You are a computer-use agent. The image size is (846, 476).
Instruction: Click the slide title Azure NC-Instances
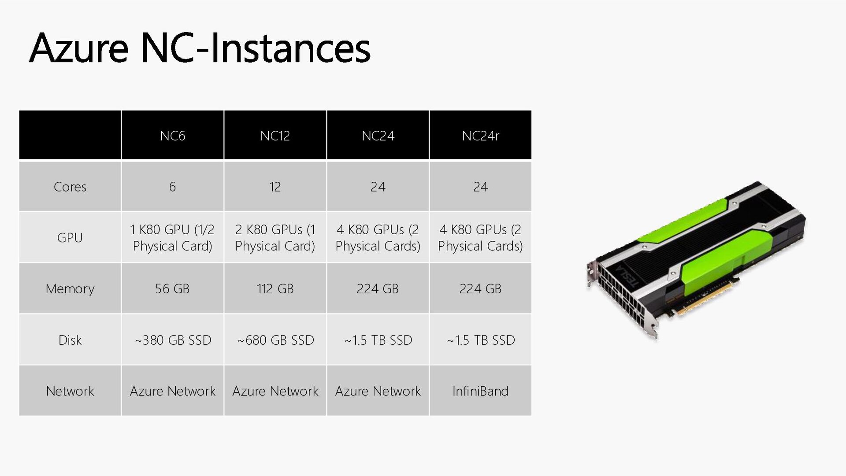[200, 48]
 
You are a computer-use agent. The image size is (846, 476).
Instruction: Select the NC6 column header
[172, 136]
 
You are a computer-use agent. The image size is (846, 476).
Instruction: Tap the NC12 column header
[275, 136]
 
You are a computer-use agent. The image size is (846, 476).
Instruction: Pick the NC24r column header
[480, 136]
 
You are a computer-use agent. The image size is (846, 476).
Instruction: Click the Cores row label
[70, 187]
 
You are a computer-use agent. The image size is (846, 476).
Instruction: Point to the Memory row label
[70, 289]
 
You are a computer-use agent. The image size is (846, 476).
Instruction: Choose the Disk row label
[70, 340]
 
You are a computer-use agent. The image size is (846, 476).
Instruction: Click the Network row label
[70, 391]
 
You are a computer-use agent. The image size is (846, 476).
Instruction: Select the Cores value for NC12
[275, 187]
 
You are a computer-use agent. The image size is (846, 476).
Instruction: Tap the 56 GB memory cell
[172, 289]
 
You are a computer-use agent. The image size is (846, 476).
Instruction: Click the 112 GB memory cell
[275, 289]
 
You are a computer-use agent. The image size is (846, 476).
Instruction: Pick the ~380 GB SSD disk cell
[173, 340]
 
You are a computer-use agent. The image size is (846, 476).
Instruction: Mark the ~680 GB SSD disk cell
[275, 340]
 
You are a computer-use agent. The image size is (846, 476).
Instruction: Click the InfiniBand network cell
[480, 391]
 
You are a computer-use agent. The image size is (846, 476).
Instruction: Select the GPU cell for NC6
[172, 238]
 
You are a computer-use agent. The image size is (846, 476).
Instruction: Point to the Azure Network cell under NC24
[378, 391]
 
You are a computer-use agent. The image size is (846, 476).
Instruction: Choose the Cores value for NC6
[172, 187]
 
